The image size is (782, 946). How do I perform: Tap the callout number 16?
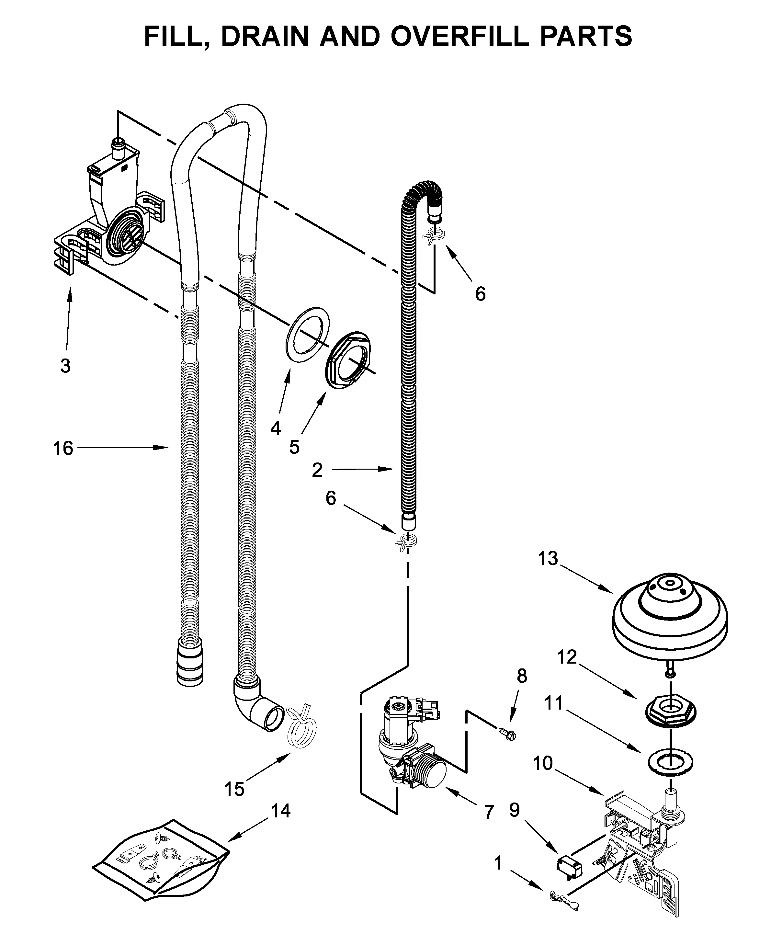coord(63,448)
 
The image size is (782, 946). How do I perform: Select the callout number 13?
coord(548,559)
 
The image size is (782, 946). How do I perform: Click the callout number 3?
coord(65,366)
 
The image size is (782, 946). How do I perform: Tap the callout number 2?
coord(317,470)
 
